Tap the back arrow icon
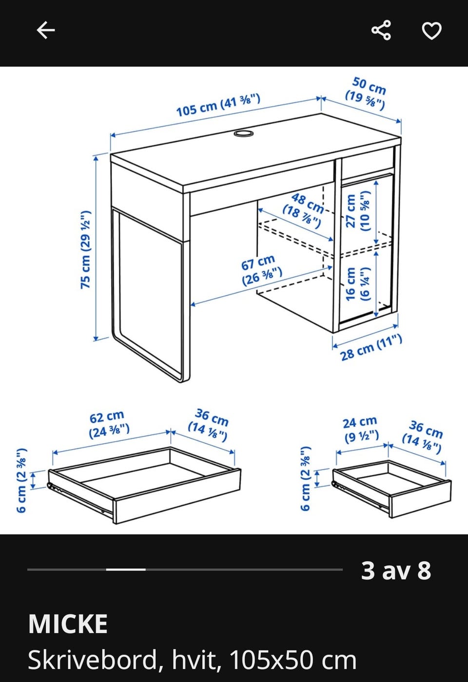46,30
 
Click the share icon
381,30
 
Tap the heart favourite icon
431,31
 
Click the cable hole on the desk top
244,133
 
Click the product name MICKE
68,624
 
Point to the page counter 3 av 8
396,570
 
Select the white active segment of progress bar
126,569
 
